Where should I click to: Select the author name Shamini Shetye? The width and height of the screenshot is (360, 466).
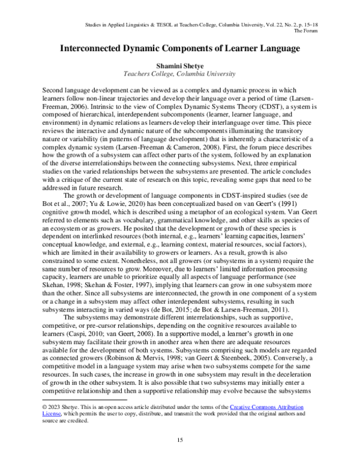click(x=179, y=66)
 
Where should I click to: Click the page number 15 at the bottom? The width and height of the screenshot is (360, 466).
click(x=179, y=442)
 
